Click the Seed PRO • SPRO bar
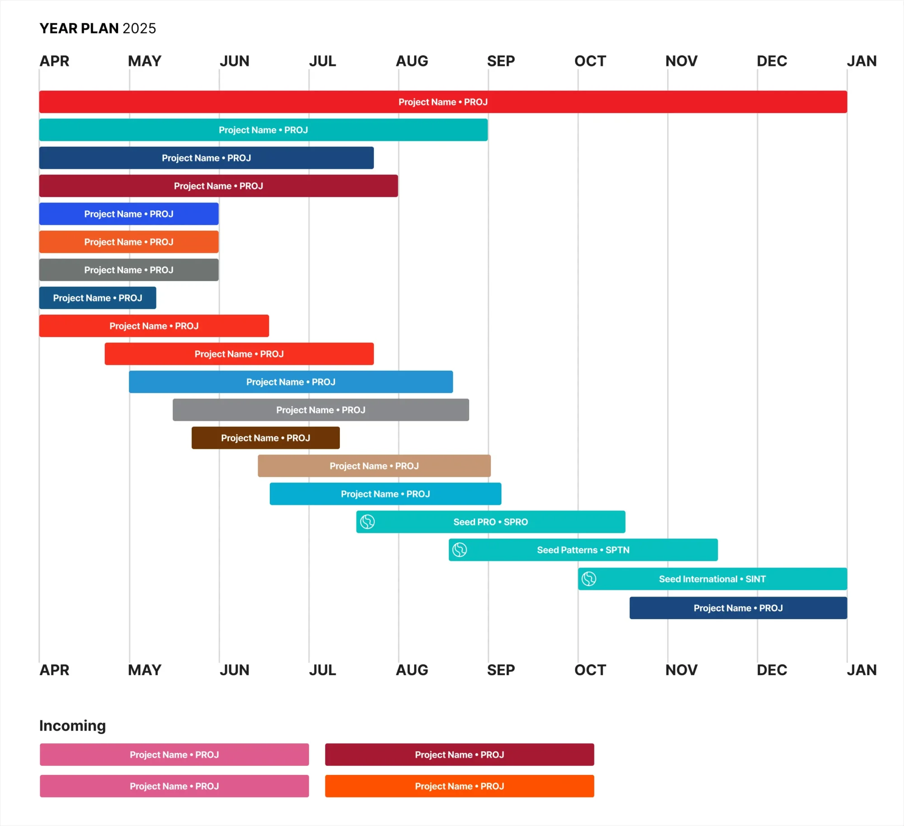(x=490, y=522)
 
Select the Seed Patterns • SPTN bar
(x=583, y=550)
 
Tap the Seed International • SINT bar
(x=712, y=579)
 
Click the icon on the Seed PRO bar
(x=367, y=522)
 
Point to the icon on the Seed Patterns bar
(x=460, y=550)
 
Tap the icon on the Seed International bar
(x=589, y=579)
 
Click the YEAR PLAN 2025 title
(x=98, y=28)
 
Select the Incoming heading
(x=72, y=725)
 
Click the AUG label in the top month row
(x=412, y=61)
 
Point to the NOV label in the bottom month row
(x=681, y=670)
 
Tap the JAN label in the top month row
(x=862, y=61)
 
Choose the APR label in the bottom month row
(x=54, y=670)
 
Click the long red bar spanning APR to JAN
(x=443, y=102)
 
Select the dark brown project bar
(x=265, y=438)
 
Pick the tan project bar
(x=374, y=466)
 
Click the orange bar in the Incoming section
(x=459, y=786)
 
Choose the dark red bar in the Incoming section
(x=459, y=754)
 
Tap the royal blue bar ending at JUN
(x=129, y=214)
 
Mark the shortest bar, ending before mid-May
(x=98, y=298)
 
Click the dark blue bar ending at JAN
(x=738, y=608)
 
